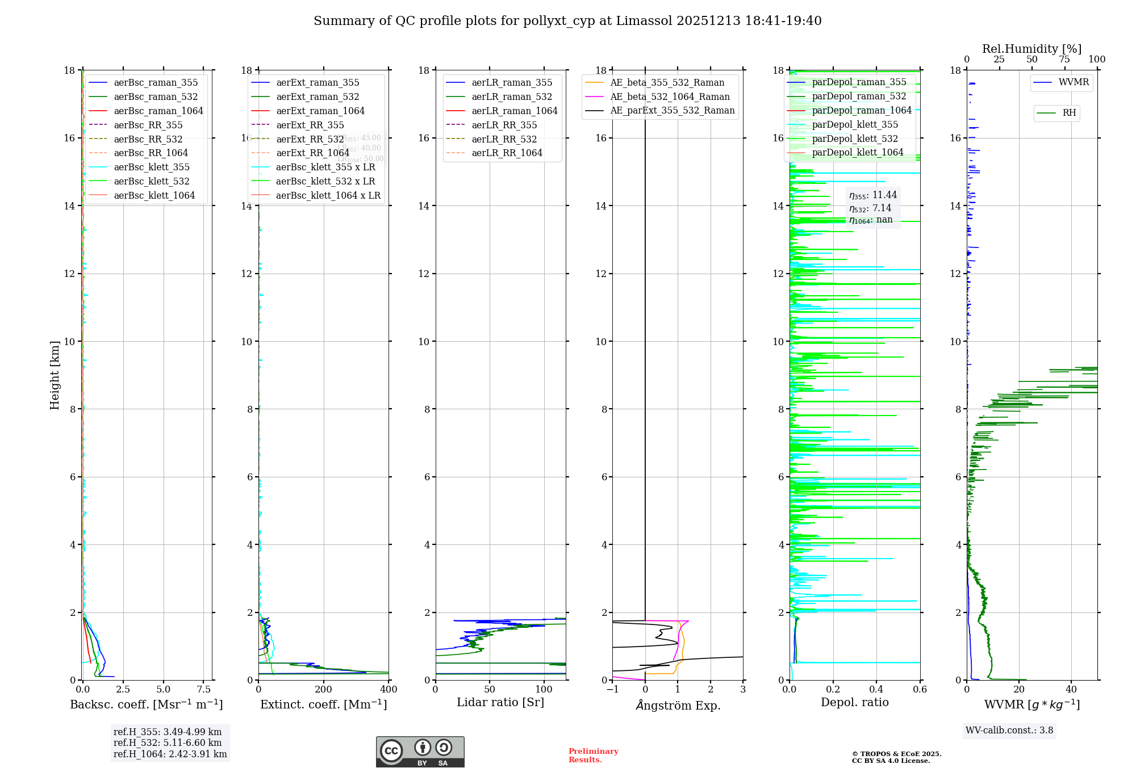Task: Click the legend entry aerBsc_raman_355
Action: click(156, 83)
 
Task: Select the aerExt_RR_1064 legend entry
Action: click(312, 153)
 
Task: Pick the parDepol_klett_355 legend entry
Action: click(855, 125)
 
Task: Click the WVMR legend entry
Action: click(1074, 82)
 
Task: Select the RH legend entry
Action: click(1069, 113)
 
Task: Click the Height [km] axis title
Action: click(55, 375)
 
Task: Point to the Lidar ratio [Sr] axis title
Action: click(500, 703)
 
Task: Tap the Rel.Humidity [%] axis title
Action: click(1031, 49)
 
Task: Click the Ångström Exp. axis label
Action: click(678, 705)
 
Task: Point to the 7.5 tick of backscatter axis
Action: click(204, 690)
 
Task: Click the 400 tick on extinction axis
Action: click(389, 690)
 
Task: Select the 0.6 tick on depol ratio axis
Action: click(920, 690)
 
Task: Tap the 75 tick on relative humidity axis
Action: click(1064, 60)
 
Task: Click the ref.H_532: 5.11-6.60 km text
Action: click(168, 743)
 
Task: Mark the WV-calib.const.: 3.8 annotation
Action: click(1009, 731)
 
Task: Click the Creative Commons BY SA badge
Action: click(420, 752)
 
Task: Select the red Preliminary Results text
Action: click(593, 756)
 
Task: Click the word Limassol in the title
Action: click(644, 21)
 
